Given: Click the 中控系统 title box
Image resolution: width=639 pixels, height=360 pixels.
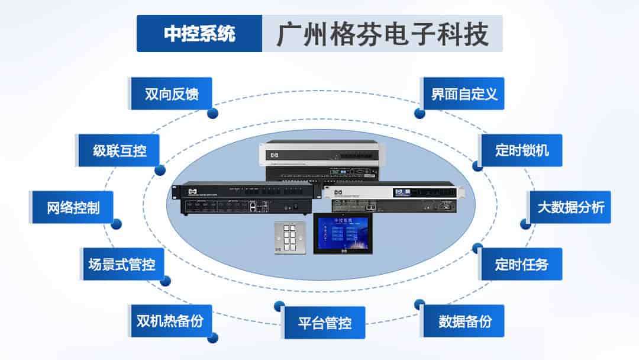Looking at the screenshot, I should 199,34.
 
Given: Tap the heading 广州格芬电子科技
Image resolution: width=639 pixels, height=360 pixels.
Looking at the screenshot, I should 382,34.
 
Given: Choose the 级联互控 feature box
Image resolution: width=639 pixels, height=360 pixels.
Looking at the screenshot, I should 120,150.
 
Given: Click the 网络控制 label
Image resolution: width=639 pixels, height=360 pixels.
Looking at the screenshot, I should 73,207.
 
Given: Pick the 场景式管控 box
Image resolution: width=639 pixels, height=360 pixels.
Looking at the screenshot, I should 122,264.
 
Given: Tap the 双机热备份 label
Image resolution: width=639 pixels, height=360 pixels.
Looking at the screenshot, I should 170,321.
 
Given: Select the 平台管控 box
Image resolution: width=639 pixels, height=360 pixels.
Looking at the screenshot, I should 324,323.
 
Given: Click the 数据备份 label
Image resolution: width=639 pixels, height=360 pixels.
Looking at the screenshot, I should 464,321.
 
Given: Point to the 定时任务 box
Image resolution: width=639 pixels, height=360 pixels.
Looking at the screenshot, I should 521,264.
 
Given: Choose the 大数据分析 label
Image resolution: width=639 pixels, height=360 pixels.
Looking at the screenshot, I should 570,207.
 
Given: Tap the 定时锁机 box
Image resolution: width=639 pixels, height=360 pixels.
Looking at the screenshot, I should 521,150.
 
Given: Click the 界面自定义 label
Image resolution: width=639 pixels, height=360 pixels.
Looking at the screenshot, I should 464,94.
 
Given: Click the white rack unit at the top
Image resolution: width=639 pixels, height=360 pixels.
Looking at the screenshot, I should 320,153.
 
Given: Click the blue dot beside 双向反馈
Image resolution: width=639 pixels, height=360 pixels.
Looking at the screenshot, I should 212,113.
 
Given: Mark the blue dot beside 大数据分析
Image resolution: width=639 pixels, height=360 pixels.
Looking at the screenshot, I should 525,224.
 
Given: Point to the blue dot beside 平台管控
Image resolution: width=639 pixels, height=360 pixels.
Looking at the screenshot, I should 279,306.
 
